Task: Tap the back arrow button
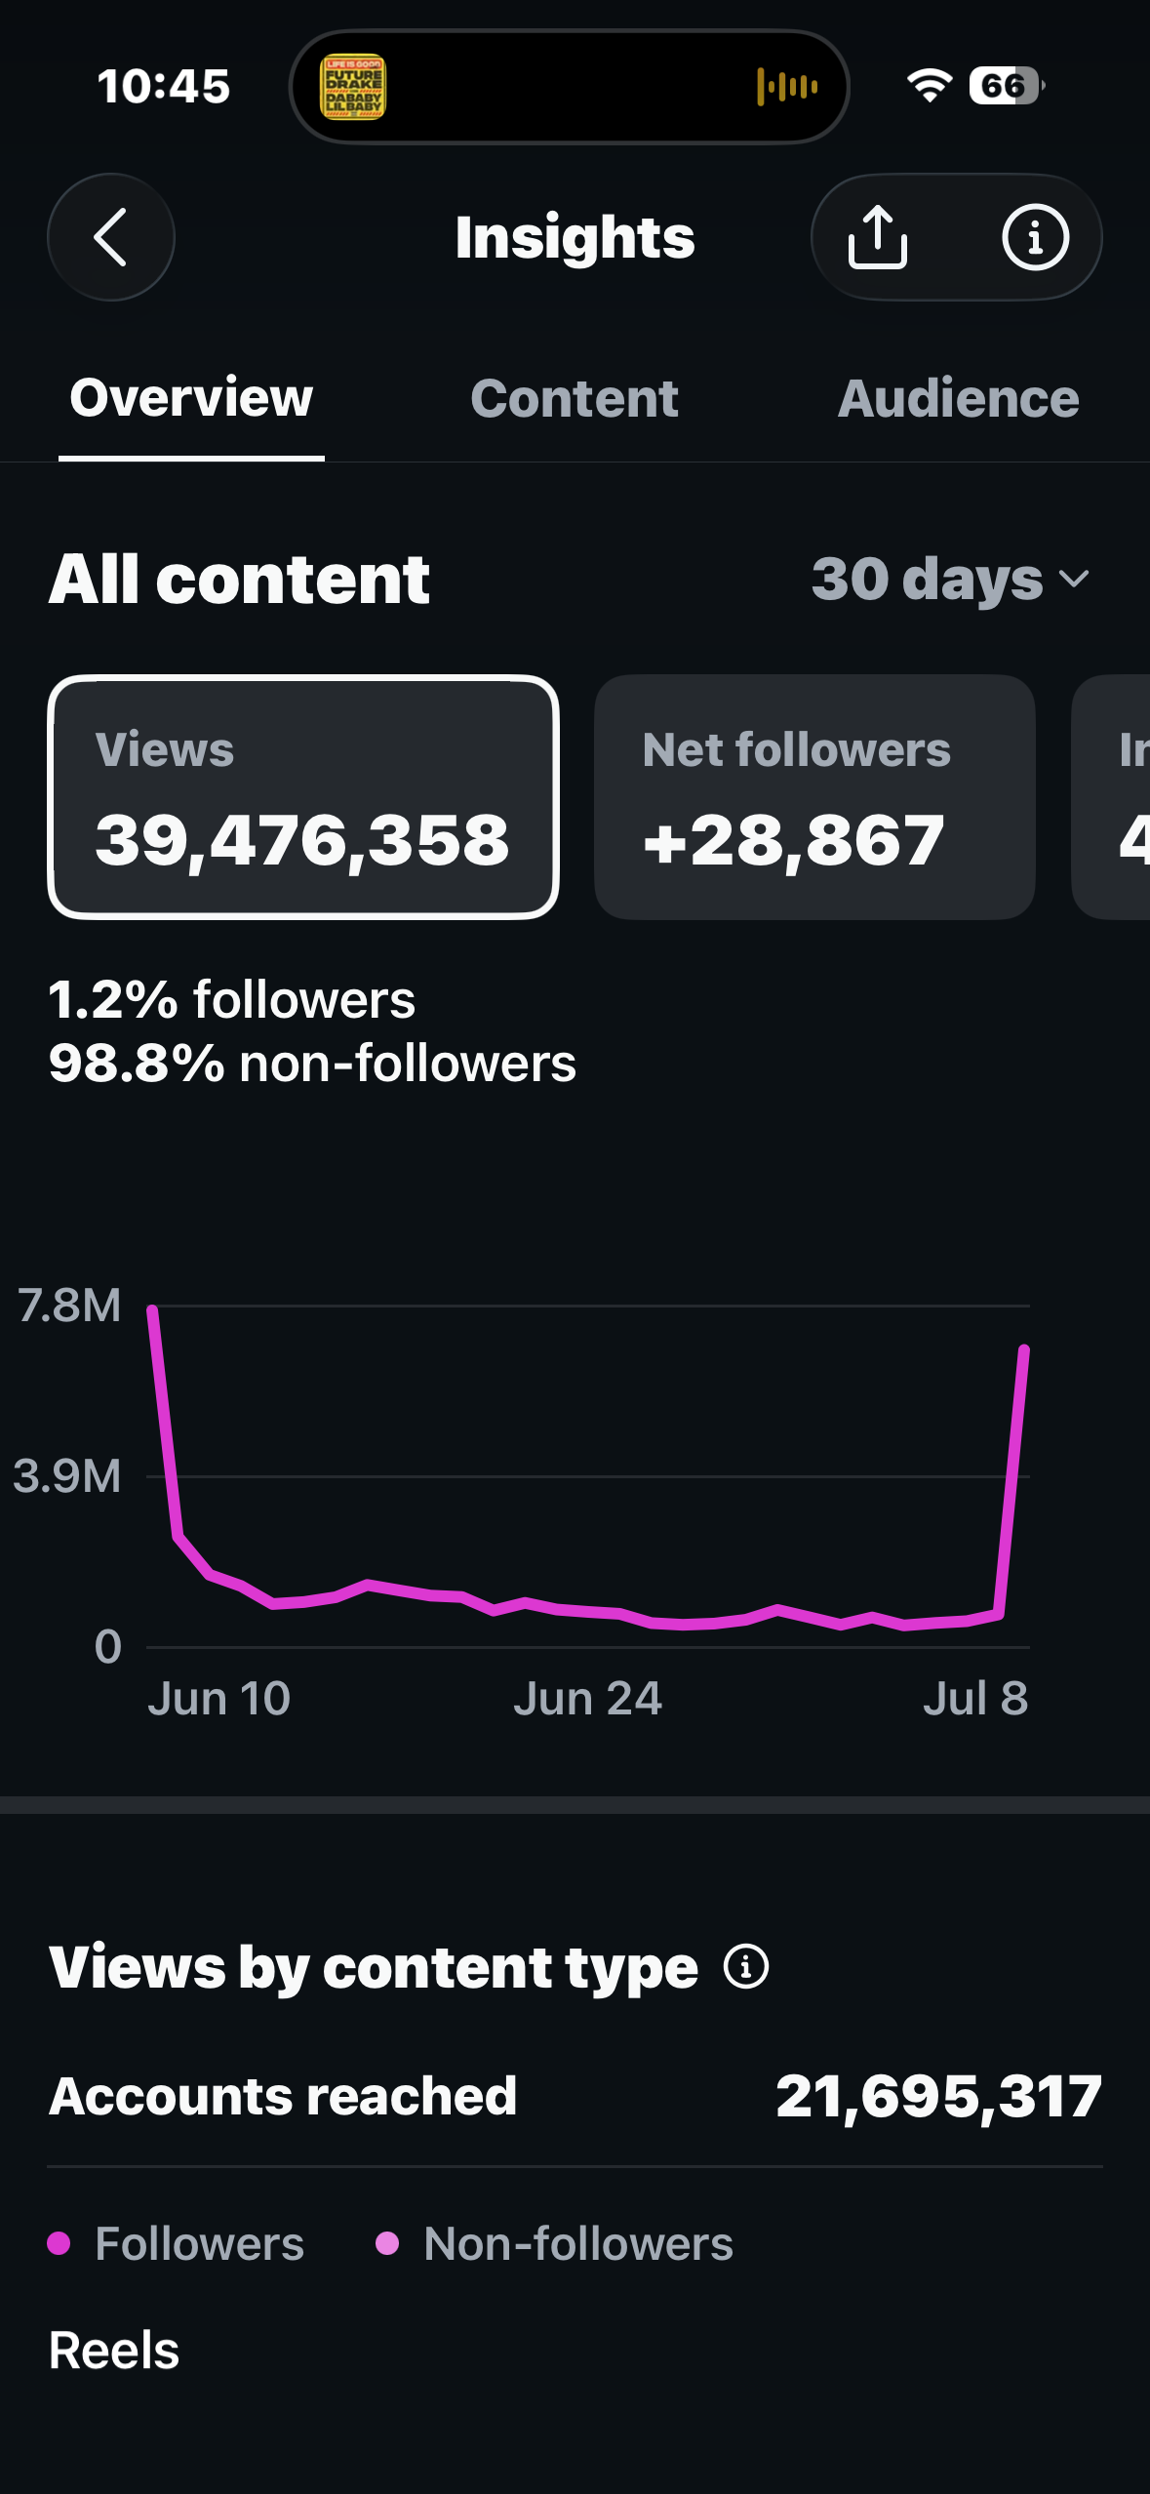point(110,237)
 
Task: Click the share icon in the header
point(878,237)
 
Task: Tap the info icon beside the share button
point(1035,237)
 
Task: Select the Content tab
point(574,398)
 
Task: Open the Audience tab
point(959,398)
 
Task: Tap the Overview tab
point(191,398)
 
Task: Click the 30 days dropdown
point(950,580)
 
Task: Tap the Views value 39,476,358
point(302,840)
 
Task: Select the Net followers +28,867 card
point(814,797)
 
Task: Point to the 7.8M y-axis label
point(69,1306)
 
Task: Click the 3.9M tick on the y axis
point(67,1476)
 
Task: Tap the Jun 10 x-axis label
point(219,1699)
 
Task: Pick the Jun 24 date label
point(588,1699)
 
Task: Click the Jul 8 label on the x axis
point(975,1699)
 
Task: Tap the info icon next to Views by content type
point(746,1966)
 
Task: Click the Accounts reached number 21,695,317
point(939,2096)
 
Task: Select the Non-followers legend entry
point(554,2244)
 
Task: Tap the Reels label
point(114,2351)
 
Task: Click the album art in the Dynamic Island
point(353,87)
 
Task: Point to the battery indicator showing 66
point(1006,86)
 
